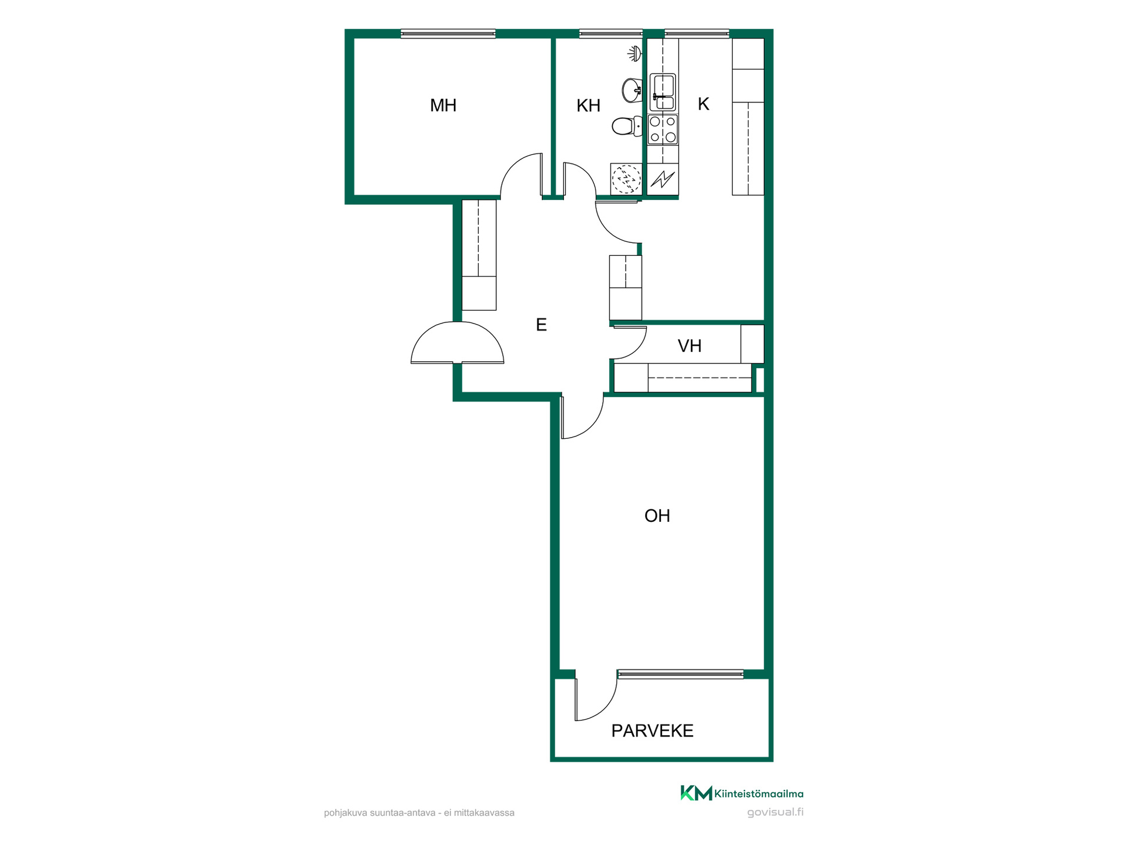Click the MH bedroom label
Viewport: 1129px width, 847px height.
pyautogui.click(x=443, y=106)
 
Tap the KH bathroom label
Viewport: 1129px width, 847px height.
pyautogui.click(x=588, y=106)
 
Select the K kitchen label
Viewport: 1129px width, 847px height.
pyautogui.click(x=703, y=104)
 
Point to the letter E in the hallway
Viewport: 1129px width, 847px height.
pyautogui.click(x=541, y=325)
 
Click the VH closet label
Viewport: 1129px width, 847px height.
pyautogui.click(x=689, y=346)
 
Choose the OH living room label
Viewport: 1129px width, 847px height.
pyautogui.click(x=657, y=516)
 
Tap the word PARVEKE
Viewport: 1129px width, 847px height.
pyautogui.click(x=652, y=731)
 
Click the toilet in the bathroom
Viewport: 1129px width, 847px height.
pyautogui.click(x=627, y=126)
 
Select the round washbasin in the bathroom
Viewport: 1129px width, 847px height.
pyautogui.click(x=632, y=90)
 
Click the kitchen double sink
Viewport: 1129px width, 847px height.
pyautogui.click(x=663, y=92)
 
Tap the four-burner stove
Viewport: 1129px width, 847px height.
pyautogui.click(x=663, y=129)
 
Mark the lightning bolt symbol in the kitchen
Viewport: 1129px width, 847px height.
pyautogui.click(x=663, y=179)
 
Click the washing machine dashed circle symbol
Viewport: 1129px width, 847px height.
pyautogui.click(x=626, y=179)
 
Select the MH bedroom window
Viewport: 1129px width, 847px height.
pyautogui.click(x=448, y=34)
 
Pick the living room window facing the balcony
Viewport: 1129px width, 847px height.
pyautogui.click(x=680, y=674)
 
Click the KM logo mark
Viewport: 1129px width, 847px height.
pyautogui.click(x=696, y=793)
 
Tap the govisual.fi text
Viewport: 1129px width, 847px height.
pyautogui.click(x=775, y=812)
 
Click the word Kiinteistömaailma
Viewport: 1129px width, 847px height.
pyautogui.click(x=759, y=793)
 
